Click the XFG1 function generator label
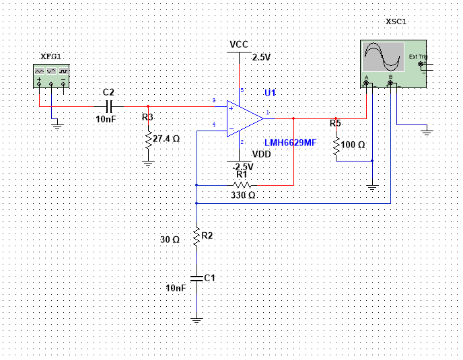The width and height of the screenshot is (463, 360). [x=50, y=57]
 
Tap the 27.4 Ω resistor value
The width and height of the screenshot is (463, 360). [x=166, y=139]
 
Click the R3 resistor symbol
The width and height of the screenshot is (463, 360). [x=149, y=139]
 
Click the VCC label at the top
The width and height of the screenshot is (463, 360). [x=239, y=44]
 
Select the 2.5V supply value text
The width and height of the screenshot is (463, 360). [x=261, y=57]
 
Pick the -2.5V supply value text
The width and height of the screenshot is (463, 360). [x=243, y=166]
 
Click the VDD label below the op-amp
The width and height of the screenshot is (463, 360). [x=261, y=154]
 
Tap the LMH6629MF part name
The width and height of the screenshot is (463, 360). [x=291, y=143]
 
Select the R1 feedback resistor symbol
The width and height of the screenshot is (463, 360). [x=242, y=184]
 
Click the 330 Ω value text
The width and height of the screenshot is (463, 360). [x=243, y=195]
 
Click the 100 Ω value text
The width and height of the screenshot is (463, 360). [x=353, y=145]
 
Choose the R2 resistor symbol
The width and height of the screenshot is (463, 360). [x=196, y=237]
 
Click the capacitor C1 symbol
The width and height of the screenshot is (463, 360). [x=196, y=277]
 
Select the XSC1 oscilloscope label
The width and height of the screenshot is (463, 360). [x=396, y=22]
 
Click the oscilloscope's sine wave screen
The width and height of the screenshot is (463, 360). [x=382, y=57]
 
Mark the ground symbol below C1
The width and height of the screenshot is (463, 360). [x=196, y=321]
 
